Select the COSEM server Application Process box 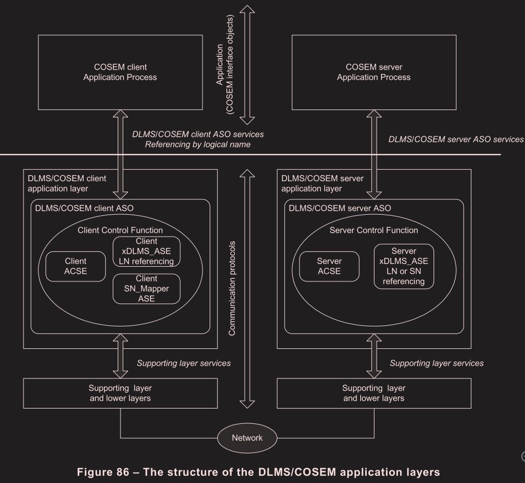point(373,72)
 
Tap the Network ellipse point(247,438)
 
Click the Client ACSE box point(76,267)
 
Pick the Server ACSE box point(329,267)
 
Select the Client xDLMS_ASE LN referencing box point(146,251)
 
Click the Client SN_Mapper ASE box point(146,289)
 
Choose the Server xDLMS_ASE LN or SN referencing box point(404,267)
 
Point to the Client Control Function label point(120,230)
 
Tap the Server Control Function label point(373,230)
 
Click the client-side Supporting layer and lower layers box point(120,393)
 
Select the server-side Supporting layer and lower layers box point(373,393)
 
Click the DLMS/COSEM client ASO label point(84,209)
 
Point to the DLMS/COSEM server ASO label point(339,209)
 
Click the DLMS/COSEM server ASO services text point(455,139)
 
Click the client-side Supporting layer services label point(183,363)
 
